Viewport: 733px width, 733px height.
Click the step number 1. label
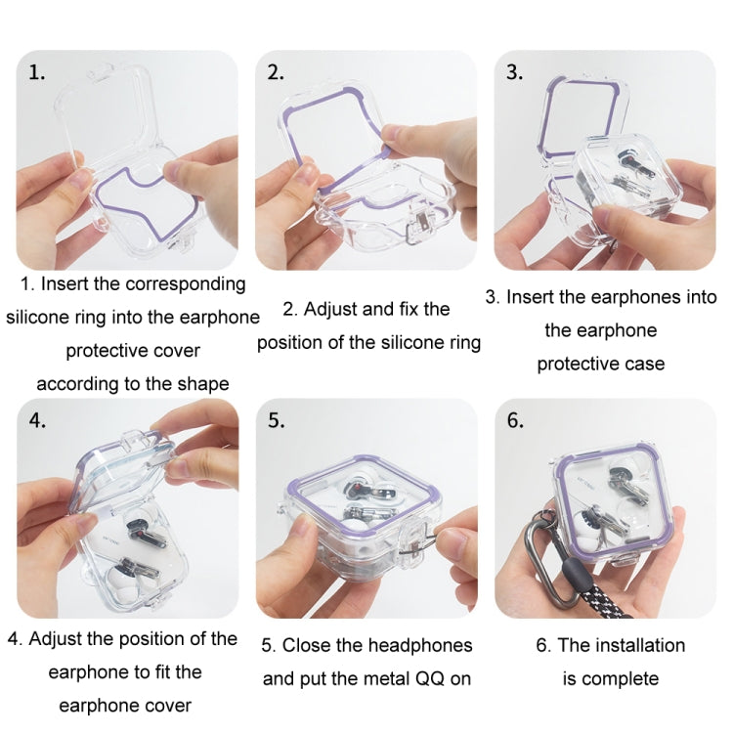pos(36,73)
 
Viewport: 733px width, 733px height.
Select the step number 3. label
pos(515,72)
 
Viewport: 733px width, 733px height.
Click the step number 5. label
pos(277,421)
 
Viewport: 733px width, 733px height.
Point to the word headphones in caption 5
pos(423,645)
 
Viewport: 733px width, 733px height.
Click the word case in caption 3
pos(641,364)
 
